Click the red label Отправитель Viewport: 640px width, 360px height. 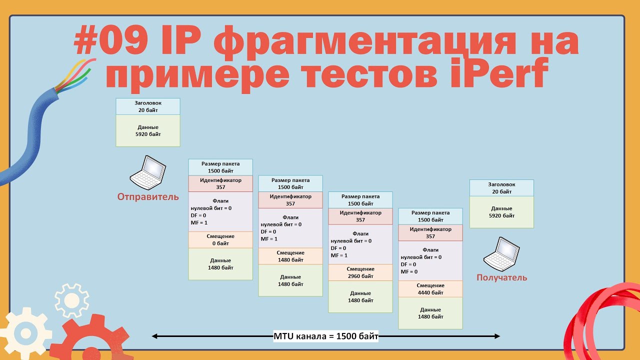[148, 197]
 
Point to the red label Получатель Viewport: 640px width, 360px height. [501, 277]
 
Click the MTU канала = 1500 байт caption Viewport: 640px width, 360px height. [326, 336]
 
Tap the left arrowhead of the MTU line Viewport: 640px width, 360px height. [154, 336]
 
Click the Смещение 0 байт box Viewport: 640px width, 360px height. [220, 239]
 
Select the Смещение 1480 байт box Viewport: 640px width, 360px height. [290, 256]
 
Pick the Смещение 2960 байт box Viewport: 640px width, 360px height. [360, 272]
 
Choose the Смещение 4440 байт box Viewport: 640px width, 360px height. [430, 289]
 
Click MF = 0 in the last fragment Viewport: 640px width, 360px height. [409, 271]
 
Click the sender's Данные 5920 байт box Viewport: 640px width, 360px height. [148, 130]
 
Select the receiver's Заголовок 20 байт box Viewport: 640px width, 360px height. [501, 188]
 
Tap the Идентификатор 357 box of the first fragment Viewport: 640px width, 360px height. [220, 183]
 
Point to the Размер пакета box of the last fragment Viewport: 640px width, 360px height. [430, 216]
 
